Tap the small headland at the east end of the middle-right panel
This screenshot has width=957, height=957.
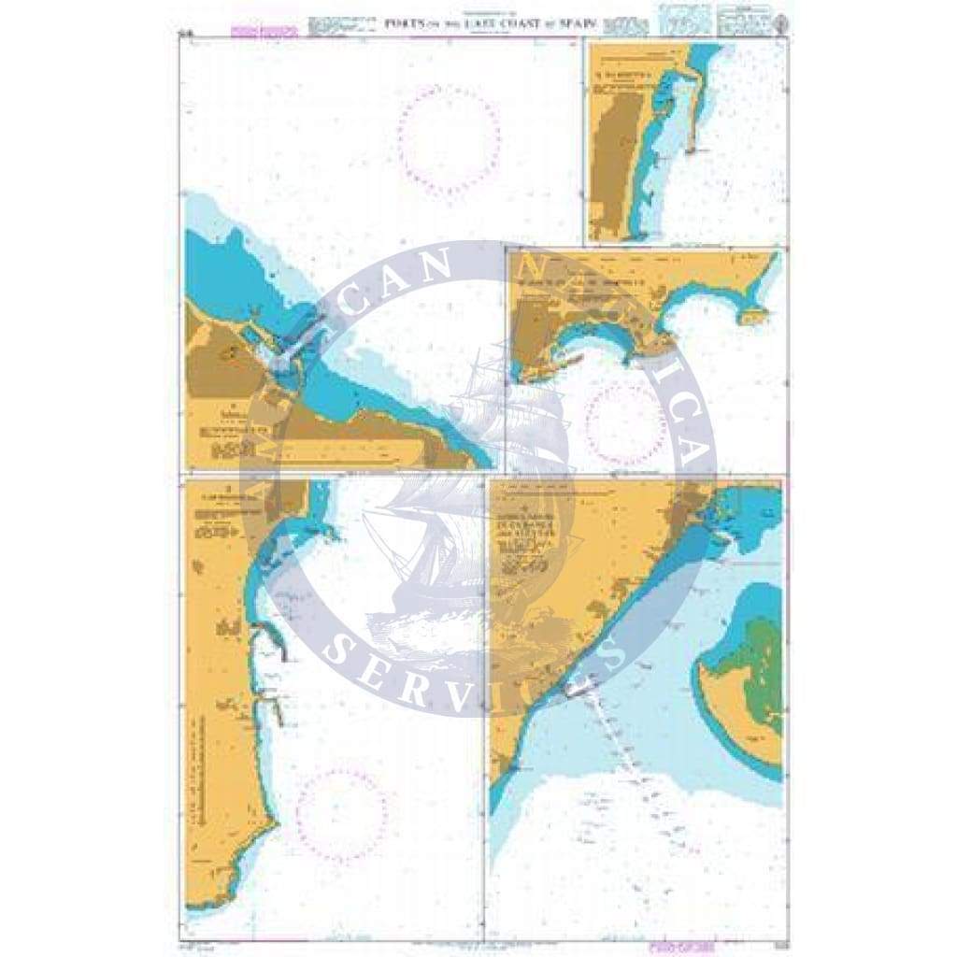coord(750,317)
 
